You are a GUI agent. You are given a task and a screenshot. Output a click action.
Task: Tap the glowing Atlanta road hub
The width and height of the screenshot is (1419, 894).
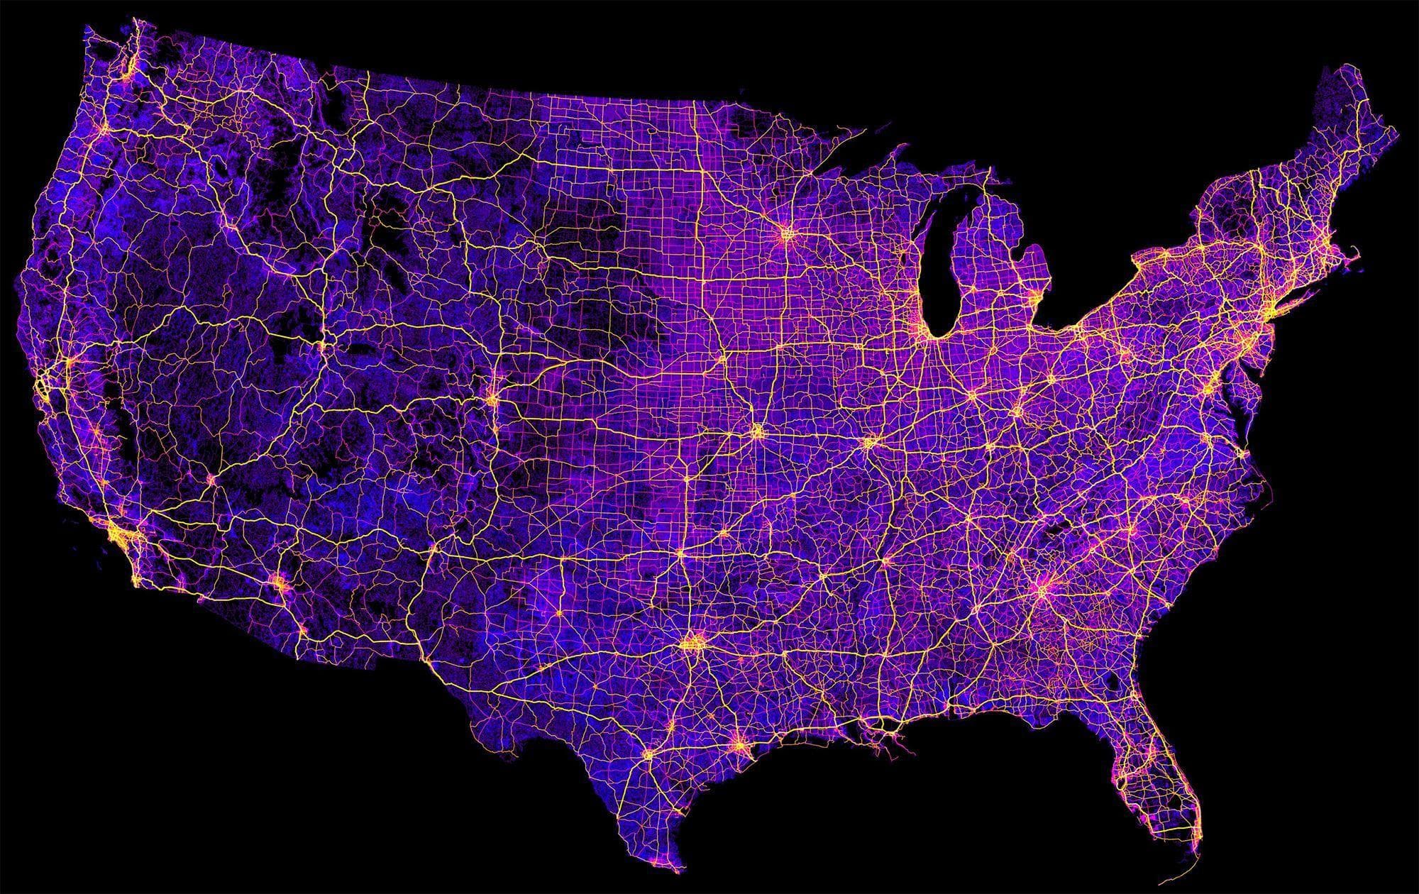[1043, 588]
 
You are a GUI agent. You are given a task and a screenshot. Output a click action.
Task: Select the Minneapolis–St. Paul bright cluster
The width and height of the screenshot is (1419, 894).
[788, 232]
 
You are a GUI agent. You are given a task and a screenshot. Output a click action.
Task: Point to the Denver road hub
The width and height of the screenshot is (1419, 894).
[492, 399]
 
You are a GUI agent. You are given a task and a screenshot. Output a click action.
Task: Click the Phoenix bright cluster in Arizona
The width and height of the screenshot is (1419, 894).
[279, 584]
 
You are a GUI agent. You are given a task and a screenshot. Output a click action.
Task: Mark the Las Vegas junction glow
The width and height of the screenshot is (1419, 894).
[211, 480]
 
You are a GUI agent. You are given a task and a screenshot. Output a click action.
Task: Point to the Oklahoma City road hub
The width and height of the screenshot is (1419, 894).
[680, 551]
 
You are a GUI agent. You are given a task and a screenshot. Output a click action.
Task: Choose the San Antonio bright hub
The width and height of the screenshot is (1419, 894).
[648, 757]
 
